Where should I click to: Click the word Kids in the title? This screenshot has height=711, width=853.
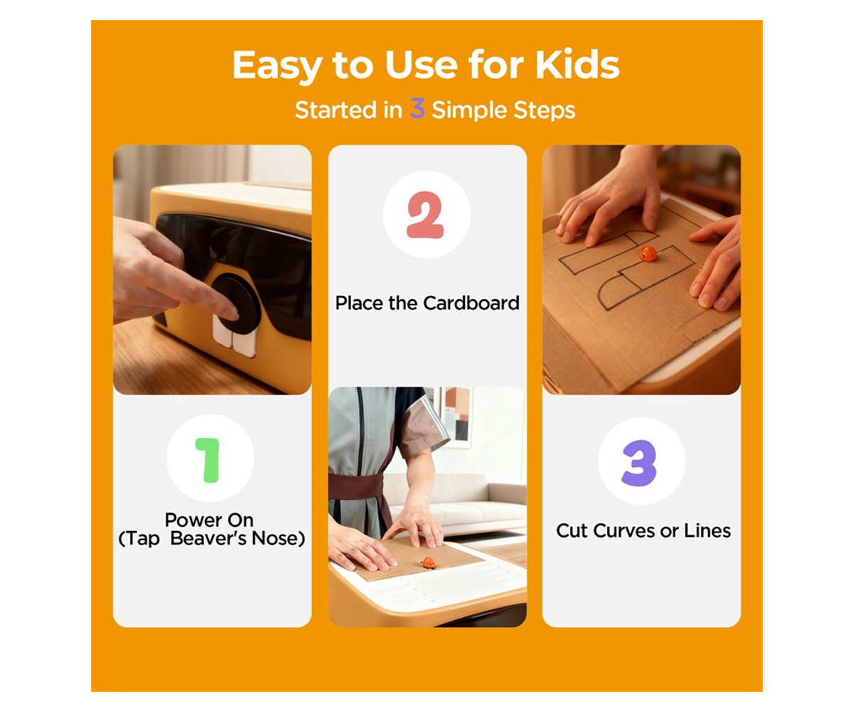coord(577,65)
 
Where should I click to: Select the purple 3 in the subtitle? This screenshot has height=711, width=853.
coord(417,108)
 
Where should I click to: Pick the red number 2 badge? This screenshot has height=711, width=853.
coord(425,215)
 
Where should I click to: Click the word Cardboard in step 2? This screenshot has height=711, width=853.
coord(471,303)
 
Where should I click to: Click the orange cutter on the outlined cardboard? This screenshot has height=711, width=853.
coord(648,253)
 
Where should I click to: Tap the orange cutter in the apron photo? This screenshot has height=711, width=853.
coord(428,562)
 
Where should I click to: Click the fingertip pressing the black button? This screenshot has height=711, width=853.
coord(230,312)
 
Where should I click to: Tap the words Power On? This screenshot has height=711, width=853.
coord(209,520)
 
